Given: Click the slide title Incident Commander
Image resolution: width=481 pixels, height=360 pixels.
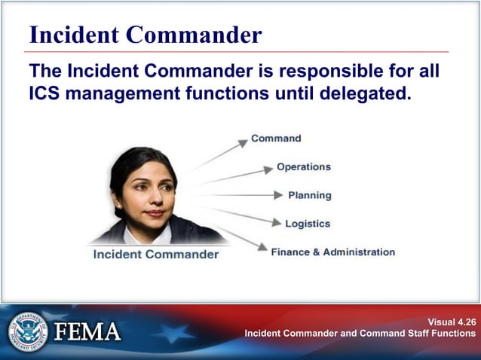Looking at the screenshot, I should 145,34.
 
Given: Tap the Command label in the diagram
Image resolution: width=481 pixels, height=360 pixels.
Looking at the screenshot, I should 276,139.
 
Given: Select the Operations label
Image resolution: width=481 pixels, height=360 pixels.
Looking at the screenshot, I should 303,166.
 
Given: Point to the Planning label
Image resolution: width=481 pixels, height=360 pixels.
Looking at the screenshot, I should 309,195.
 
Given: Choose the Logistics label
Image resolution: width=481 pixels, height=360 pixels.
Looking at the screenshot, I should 308,224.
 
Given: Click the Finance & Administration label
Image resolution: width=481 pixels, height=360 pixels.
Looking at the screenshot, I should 332,252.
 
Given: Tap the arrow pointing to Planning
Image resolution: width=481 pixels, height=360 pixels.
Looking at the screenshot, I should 241,195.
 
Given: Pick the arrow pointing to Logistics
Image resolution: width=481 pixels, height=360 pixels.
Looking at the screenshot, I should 241,215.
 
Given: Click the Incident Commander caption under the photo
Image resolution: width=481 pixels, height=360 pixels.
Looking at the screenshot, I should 155,255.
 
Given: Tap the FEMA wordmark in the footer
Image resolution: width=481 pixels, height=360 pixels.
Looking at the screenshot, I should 87,331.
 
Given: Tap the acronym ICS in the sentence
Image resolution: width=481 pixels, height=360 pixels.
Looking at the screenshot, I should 47,96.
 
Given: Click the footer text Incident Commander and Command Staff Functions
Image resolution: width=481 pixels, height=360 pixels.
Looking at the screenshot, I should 360,333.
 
